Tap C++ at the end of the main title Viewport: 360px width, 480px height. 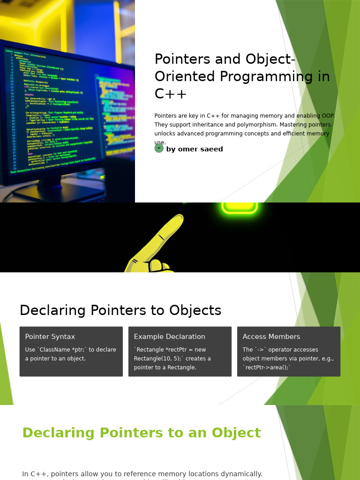point(171,94)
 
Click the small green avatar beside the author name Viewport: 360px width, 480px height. point(159,148)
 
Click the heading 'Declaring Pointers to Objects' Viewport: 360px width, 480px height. point(120,310)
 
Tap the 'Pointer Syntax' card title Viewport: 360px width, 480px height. point(50,337)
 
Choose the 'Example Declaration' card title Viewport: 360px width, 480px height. point(170,337)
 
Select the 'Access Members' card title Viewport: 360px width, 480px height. point(271,337)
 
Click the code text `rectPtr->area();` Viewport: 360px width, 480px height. point(267,367)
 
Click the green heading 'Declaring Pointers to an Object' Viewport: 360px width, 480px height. point(142,433)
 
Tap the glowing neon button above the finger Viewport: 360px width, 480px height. point(240,208)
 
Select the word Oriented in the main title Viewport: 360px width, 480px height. point(182,77)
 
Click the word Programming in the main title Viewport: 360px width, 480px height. point(256,77)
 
